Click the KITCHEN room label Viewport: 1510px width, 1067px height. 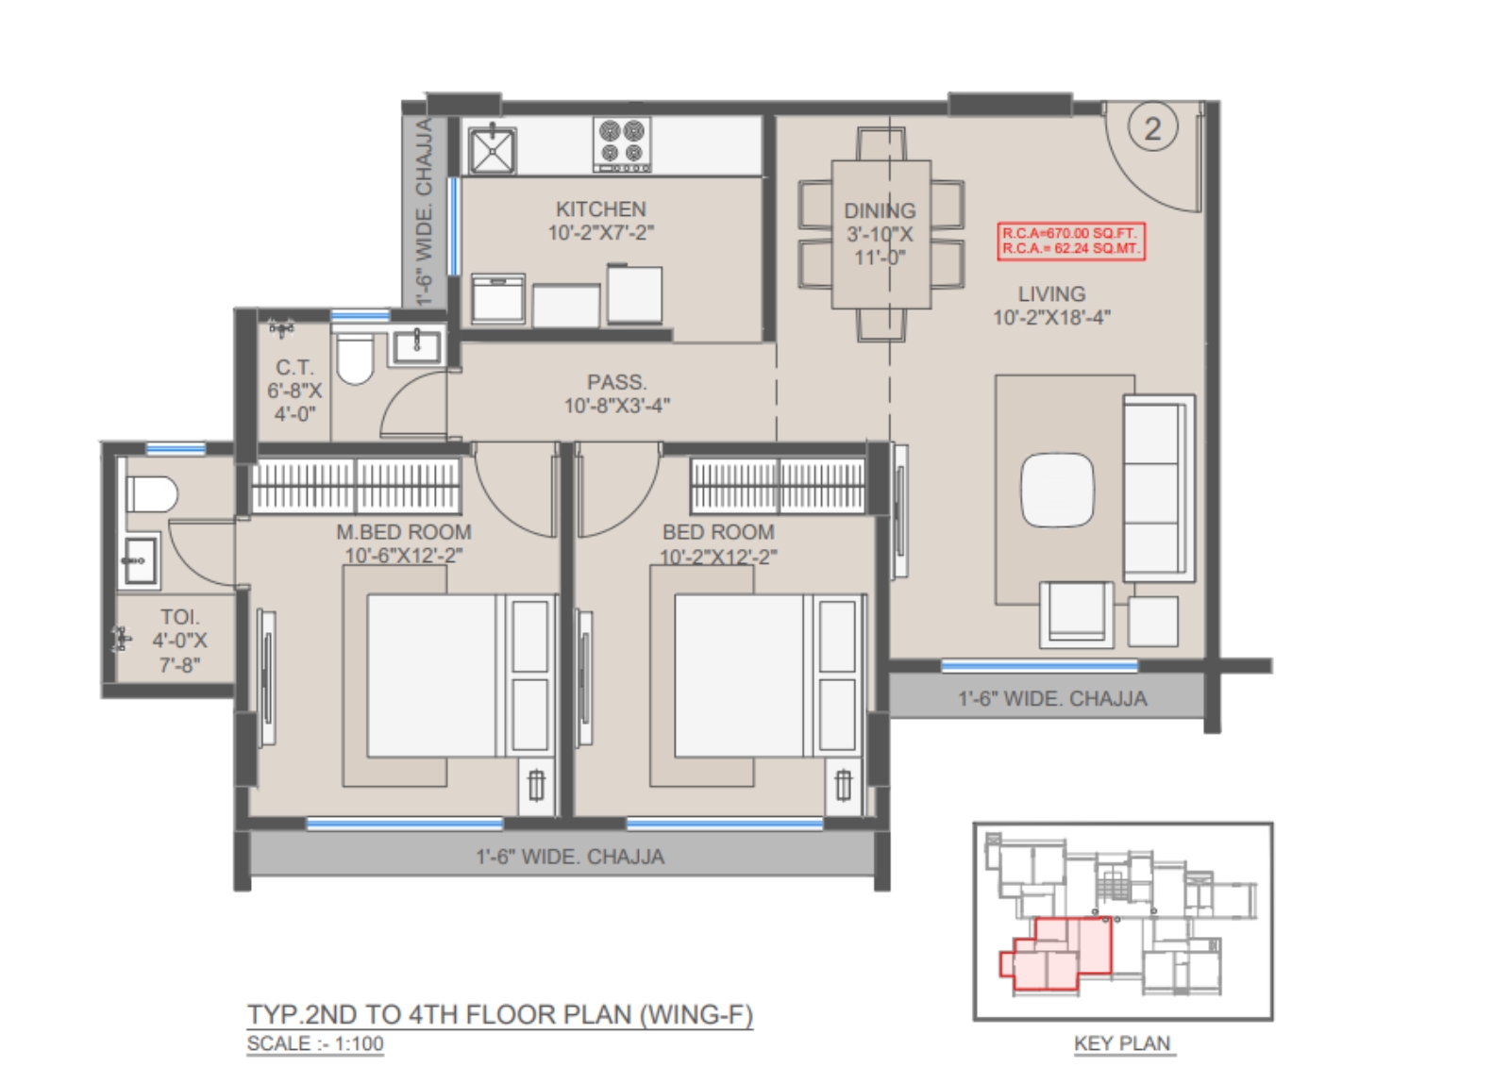(x=600, y=208)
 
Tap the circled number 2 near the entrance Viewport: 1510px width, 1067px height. (x=1152, y=128)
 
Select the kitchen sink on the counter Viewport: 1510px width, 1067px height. (x=493, y=150)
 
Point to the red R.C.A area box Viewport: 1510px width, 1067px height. (x=1070, y=242)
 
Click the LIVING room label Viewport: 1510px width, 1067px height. (x=1051, y=294)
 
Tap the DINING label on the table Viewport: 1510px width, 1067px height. (x=880, y=211)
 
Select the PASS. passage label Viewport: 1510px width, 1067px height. (x=617, y=382)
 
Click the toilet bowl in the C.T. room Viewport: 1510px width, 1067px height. (x=355, y=358)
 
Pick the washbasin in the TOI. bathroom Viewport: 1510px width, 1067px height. (x=140, y=560)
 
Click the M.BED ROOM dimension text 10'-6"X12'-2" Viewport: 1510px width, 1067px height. (x=404, y=556)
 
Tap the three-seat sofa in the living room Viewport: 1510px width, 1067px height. (x=1158, y=489)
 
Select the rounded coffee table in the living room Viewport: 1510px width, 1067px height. (x=1057, y=490)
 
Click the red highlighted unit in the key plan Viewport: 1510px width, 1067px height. (x=1055, y=954)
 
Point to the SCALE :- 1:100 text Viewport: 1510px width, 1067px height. (x=315, y=1043)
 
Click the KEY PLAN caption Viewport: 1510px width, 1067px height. (x=1122, y=1043)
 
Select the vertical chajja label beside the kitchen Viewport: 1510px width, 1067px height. (x=424, y=211)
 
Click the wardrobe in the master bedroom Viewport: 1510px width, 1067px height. (x=357, y=485)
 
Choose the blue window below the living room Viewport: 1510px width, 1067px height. (x=1039, y=666)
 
